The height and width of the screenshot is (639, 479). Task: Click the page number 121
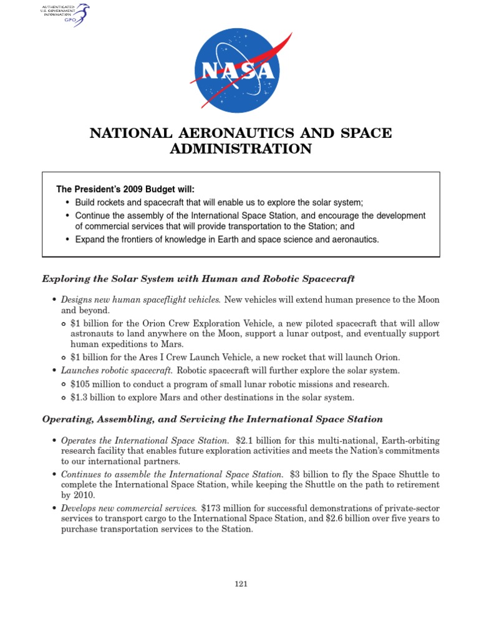click(x=241, y=583)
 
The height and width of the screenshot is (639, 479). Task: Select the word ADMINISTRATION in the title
click(x=241, y=149)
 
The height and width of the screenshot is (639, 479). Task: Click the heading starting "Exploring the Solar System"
click(x=198, y=278)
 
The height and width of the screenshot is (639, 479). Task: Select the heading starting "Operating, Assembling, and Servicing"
click(x=212, y=419)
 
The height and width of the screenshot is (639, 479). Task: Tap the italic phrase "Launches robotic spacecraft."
click(x=116, y=370)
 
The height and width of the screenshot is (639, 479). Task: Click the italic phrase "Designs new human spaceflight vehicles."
click(x=141, y=300)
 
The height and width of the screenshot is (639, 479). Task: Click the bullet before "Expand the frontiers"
click(x=68, y=240)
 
